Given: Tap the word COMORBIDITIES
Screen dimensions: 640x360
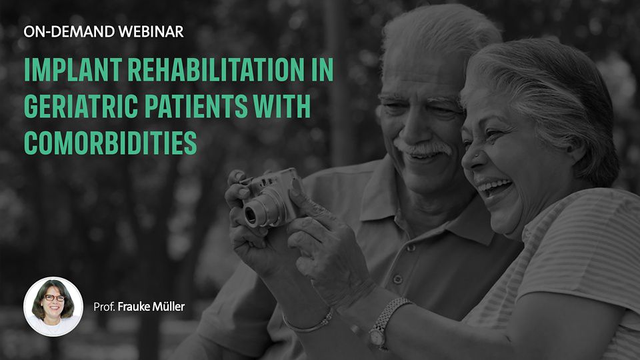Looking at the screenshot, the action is pos(110,143).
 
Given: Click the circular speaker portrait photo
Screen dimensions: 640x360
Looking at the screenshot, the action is pos(53,307).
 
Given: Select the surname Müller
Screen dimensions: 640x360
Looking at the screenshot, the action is pos(169,307).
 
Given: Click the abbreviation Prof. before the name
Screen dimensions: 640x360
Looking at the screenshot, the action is pos(104,307).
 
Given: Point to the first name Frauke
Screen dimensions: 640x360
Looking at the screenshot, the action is pos(134,307).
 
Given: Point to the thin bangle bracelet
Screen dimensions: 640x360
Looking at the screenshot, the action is pos(309,323).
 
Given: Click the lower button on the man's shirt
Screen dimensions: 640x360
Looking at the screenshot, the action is pos(397,279).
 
